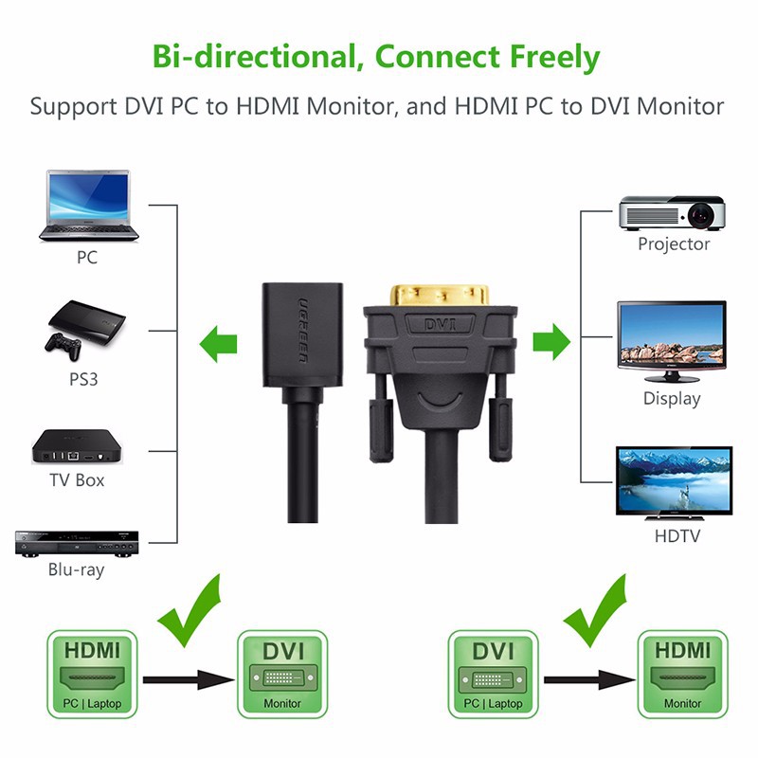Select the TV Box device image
77,445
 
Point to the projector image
672,213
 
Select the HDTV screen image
674,480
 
